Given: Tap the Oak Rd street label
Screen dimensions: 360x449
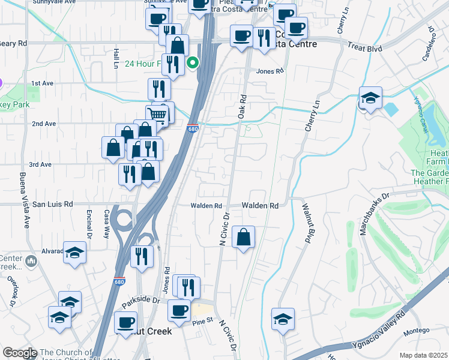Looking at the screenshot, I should coord(243,106).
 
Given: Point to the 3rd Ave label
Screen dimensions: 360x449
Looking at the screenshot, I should coord(41,164).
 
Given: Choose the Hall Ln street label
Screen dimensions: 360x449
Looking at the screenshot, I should coord(115,58).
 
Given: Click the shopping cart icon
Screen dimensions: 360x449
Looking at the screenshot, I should coord(157,114).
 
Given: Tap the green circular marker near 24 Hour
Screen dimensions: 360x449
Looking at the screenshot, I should coord(193,62).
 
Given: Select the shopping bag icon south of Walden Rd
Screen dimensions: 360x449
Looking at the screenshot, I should coord(243,237).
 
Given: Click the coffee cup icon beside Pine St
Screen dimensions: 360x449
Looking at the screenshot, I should coord(179,310).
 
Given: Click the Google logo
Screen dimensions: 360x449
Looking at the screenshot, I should coord(20,353).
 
